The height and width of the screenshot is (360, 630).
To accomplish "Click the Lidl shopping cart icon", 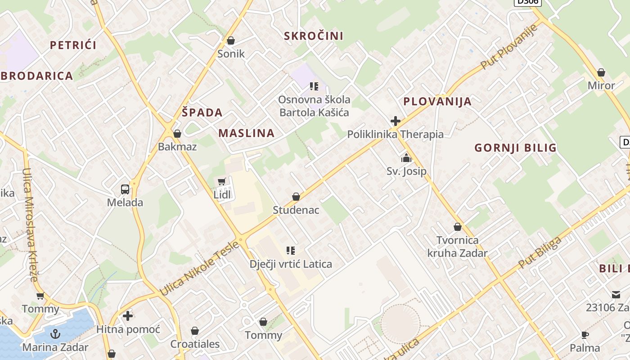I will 221,181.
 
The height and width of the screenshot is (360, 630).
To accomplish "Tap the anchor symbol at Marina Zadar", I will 55,333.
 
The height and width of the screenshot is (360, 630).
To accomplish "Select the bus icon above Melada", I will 125,189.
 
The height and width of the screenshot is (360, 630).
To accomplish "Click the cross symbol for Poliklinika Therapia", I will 396,121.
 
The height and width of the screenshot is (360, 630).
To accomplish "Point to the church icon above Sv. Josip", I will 406,158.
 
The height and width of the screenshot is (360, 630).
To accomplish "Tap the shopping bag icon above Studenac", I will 296,197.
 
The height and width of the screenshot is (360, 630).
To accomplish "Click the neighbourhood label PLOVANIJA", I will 437,101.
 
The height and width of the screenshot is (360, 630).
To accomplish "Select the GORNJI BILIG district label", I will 516,148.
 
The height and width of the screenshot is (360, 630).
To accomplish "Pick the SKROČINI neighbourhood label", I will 314,36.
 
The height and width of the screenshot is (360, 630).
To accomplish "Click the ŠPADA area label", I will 202,112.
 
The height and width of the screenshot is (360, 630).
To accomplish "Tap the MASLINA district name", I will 247,133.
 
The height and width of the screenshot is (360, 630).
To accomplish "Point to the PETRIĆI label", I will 73,45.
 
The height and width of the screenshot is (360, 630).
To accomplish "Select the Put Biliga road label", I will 540,253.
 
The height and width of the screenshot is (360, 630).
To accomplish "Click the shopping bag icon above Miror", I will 601,72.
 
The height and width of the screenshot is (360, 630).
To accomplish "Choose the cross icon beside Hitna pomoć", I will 128,316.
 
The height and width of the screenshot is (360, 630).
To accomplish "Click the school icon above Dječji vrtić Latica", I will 291,250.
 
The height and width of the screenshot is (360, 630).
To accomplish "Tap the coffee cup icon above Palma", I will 585,335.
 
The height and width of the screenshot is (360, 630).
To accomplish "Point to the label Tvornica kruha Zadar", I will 457,247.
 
